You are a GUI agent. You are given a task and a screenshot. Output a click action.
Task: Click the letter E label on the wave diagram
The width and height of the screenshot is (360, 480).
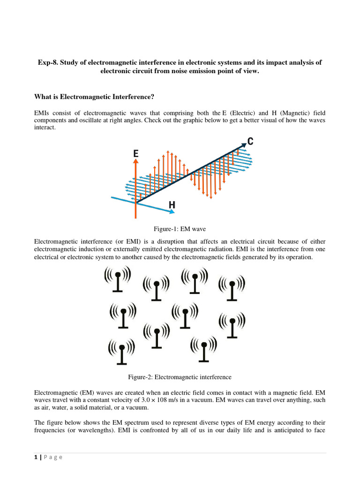(x=136, y=153)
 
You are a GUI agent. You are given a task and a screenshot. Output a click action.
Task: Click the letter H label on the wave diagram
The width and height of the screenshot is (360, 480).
(x=172, y=205)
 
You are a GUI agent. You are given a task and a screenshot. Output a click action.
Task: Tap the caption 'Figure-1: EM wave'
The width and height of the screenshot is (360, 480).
(x=180, y=229)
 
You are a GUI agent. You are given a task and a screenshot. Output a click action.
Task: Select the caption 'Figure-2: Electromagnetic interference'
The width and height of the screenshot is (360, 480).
(x=180, y=377)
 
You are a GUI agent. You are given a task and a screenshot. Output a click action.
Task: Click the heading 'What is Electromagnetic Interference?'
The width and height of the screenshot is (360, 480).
(x=94, y=97)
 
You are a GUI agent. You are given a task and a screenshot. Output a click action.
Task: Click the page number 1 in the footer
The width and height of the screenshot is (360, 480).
(x=36, y=457)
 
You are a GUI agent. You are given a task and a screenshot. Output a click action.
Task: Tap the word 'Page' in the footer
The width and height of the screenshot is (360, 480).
(x=53, y=457)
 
